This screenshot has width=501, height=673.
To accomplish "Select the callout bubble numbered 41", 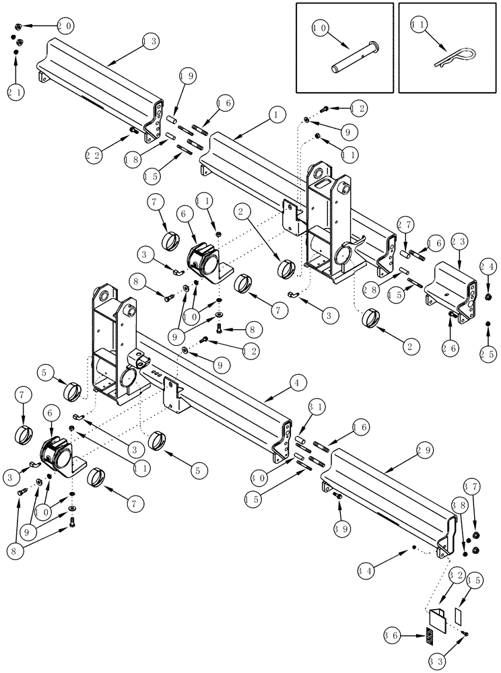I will (x=419, y=29).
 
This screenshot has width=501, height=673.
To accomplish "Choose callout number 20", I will (x=65, y=26).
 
